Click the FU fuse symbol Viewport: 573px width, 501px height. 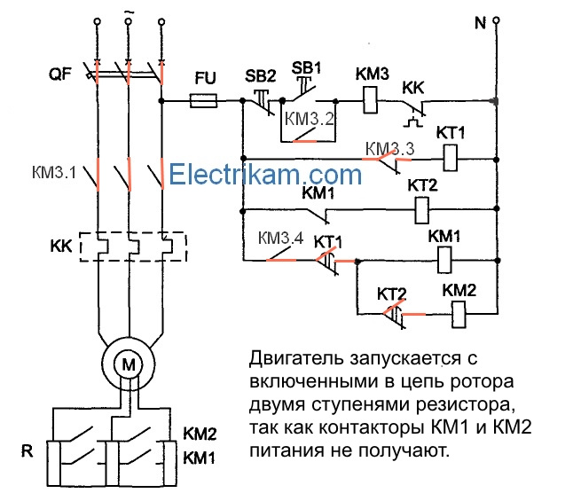click(205, 102)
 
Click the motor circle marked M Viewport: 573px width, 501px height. click(130, 363)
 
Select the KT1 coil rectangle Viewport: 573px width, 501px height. click(451, 159)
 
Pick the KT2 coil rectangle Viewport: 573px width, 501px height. click(423, 210)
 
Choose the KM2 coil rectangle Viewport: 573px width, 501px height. click(459, 312)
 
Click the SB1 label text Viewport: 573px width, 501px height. click(304, 67)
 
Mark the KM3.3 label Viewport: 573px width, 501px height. click(390, 148)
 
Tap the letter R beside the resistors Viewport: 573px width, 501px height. click(28, 450)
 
